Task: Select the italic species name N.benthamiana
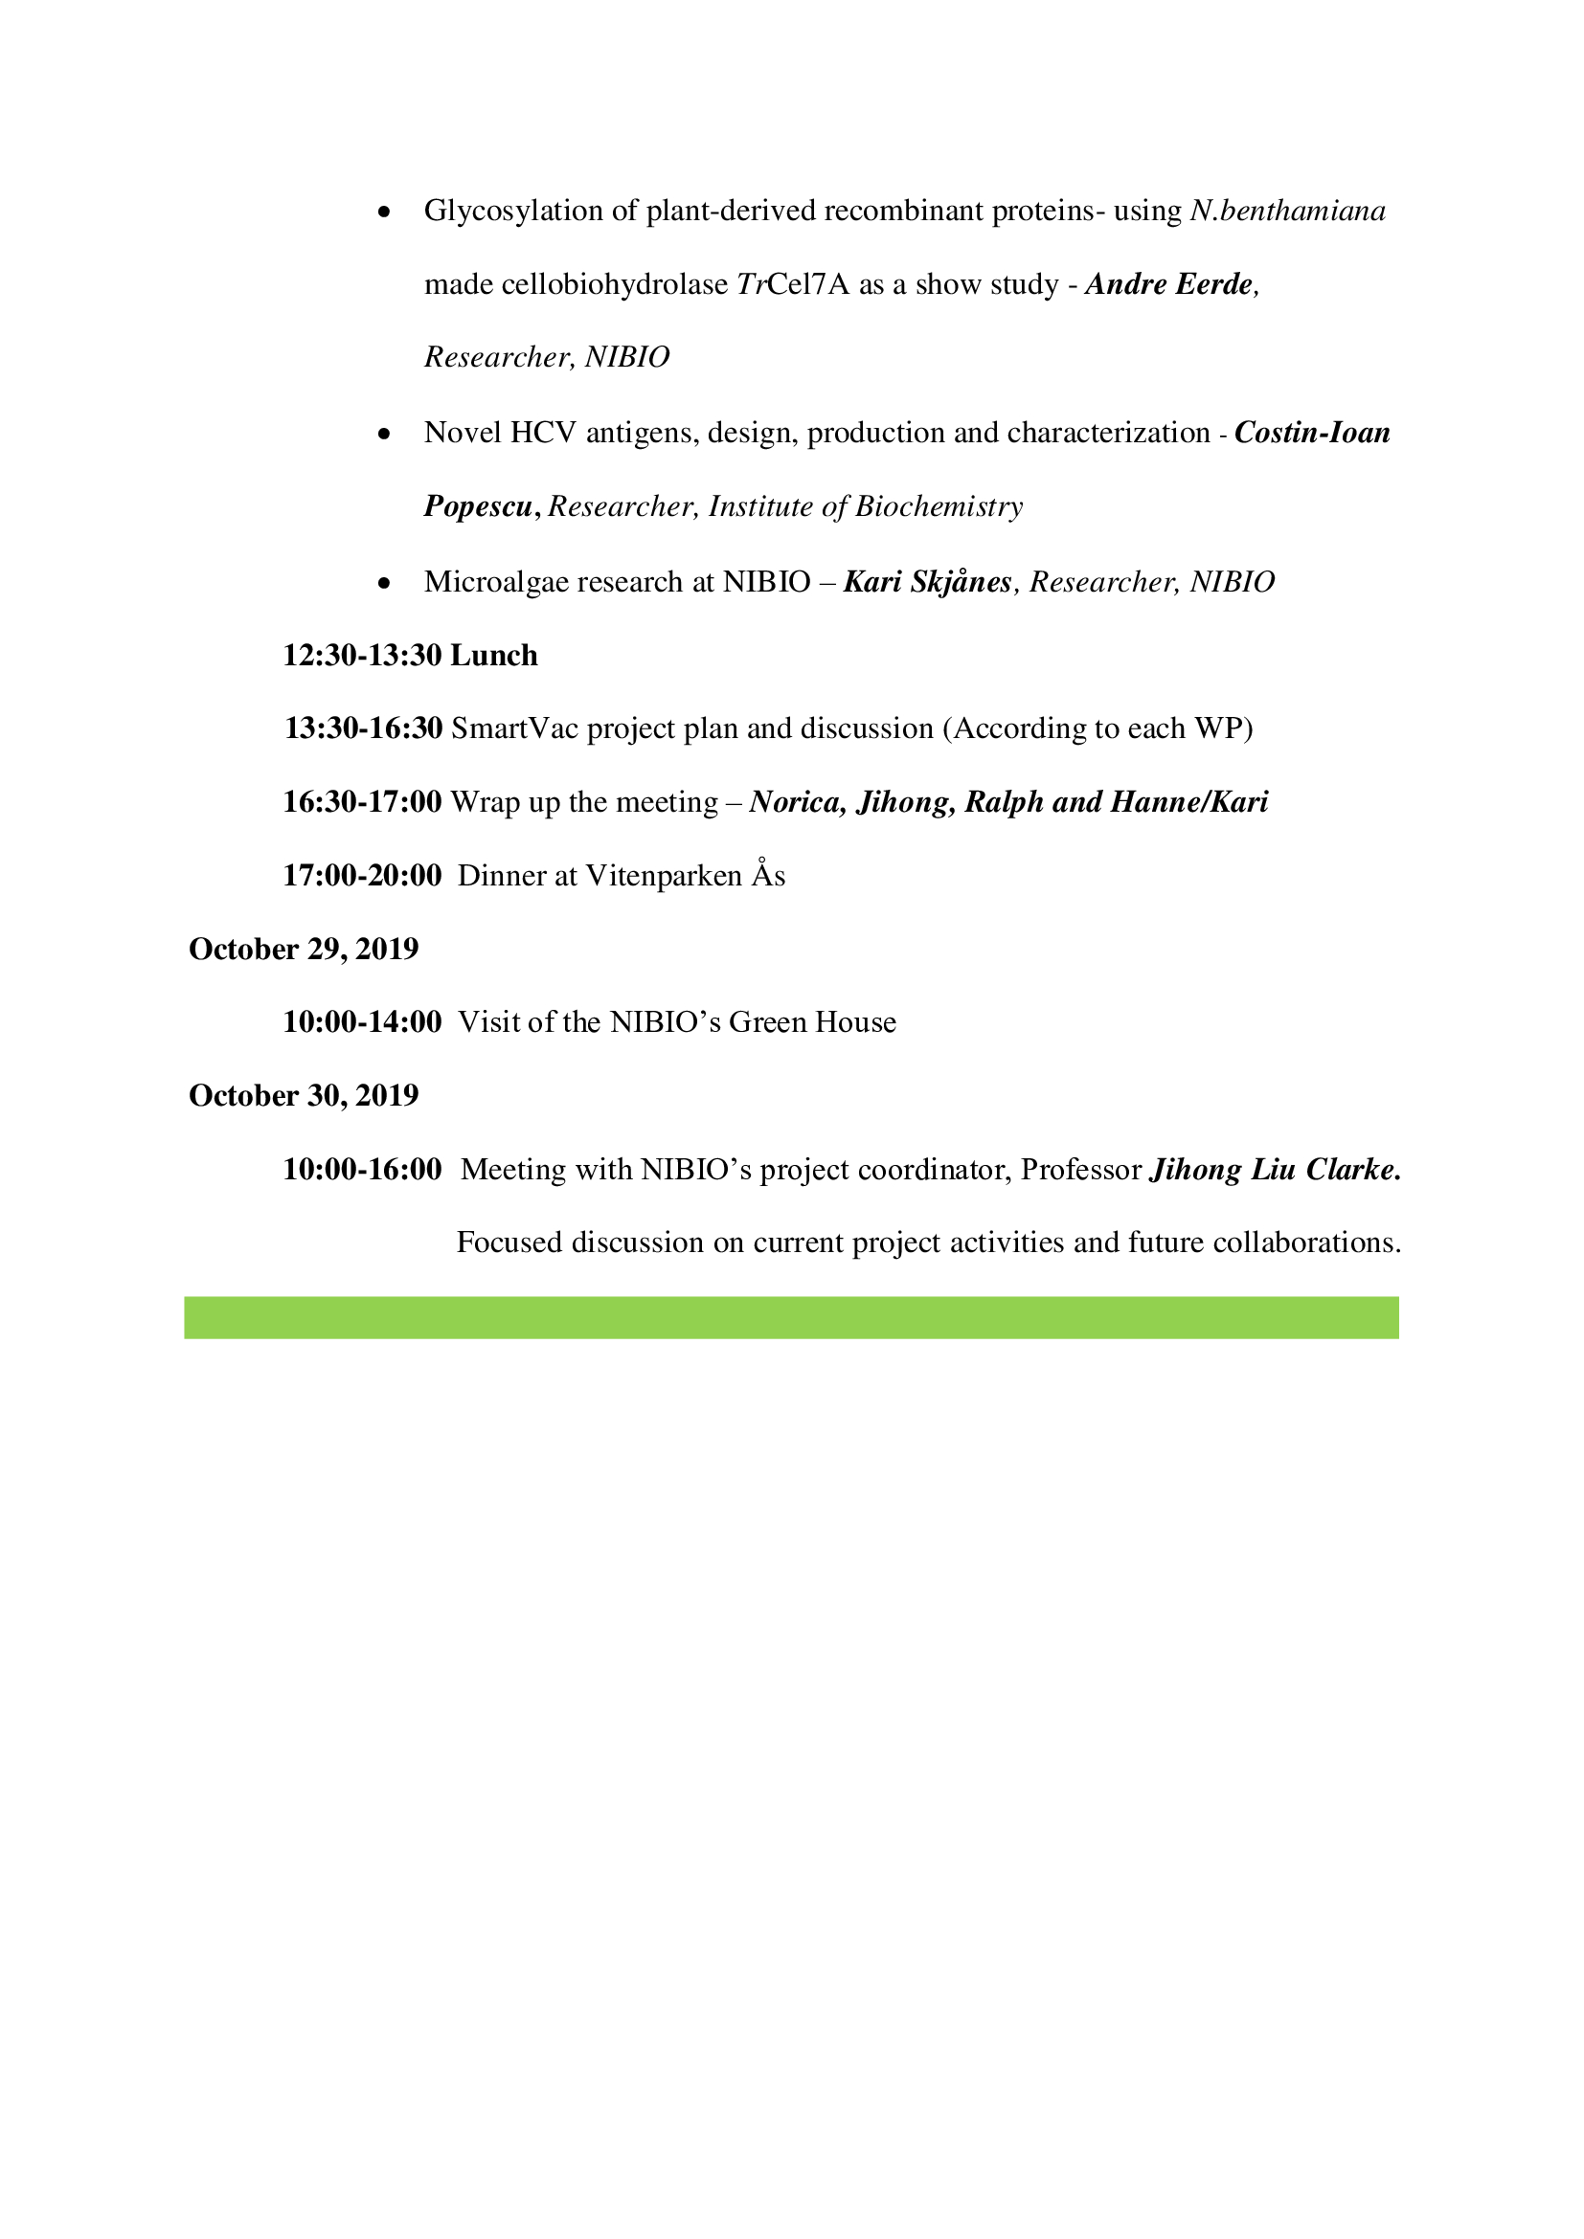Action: coord(1287,212)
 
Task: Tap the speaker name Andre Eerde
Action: coord(1168,284)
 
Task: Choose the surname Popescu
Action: coord(478,507)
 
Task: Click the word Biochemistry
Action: coord(939,507)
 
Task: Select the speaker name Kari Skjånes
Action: coord(928,582)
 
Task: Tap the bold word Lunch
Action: coord(493,656)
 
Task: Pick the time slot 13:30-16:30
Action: coord(363,728)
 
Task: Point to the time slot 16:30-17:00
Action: coord(362,802)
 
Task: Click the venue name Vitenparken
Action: coord(664,876)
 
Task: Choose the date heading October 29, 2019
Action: coord(304,949)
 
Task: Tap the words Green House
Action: coord(811,1022)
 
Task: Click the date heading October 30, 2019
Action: coord(304,1096)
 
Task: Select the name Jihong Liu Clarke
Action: coord(1275,1169)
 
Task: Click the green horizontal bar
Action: coord(791,1317)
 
